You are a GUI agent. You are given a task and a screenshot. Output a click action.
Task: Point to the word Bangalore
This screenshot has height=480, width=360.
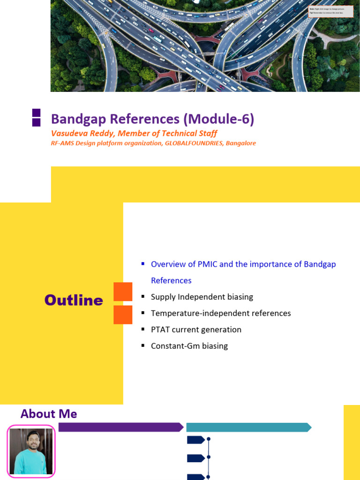coord(241,143)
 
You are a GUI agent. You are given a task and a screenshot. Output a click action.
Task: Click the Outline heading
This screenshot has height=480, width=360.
coord(74,300)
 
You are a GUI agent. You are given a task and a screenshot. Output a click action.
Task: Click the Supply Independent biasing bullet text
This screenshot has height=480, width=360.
coord(202,297)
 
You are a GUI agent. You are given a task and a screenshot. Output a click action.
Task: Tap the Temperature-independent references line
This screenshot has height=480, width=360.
coord(221,313)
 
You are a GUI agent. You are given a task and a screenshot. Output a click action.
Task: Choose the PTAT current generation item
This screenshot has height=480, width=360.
coord(196,330)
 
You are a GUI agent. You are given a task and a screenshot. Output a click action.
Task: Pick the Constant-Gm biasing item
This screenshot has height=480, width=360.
coord(189,346)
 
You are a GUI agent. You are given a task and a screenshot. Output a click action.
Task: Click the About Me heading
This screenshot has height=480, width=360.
coord(49,414)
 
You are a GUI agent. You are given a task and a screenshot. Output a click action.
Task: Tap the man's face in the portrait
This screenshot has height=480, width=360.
coord(31,443)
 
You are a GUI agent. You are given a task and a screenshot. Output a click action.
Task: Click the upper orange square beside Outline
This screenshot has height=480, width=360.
coord(123,292)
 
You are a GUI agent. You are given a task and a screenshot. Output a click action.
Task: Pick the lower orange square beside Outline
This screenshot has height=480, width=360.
coord(123,315)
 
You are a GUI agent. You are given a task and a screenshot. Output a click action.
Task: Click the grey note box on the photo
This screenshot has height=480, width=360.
coord(330,11)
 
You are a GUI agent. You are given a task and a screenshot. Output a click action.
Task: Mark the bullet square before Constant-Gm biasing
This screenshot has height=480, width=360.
coord(143,346)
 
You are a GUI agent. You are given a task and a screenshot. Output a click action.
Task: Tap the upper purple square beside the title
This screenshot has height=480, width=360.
coord(36,112)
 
